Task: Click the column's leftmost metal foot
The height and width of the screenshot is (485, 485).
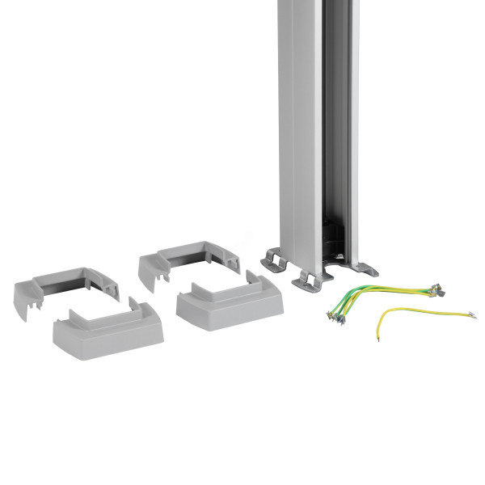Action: click(x=275, y=260)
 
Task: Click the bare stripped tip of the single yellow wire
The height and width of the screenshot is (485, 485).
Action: click(x=379, y=337)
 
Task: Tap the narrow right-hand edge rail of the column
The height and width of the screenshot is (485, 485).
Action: click(x=354, y=129)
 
